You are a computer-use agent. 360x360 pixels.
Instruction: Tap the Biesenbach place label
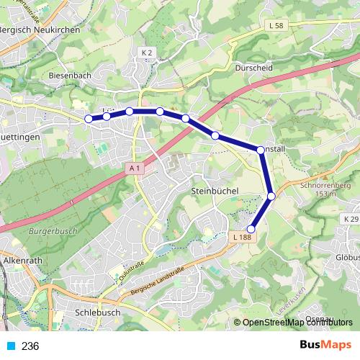pyautogui.click(x=71, y=75)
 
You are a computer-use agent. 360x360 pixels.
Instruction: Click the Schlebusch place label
pyautogui.click(x=97, y=313)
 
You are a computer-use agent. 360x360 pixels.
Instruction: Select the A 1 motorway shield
pyautogui.click(x=134, y=168)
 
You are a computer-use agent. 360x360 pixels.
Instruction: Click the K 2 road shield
pyautogui.click(x=148, y=53)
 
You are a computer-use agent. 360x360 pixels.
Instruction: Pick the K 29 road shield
pyautogui.click(x=351, y=219)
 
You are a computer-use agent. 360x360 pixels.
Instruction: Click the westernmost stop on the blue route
pyautogui.click(x=89, y=119)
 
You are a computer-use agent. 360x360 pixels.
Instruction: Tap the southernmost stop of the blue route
pyautogui.click(x=251, y=229)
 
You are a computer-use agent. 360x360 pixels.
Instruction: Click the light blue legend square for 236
pyautogui.click(x=9, y=346)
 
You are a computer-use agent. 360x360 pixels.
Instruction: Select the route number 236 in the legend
pyautogui.click(x=30, y=346)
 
